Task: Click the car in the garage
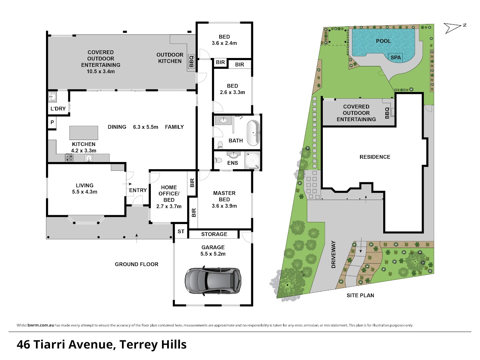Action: click(x=213, y=281)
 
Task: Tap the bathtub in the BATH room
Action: click(x=253, y=133)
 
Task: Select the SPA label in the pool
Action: click(x=396, y=58)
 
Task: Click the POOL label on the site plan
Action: click(x=383, y=41)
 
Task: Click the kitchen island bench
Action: click(x=84, y=133)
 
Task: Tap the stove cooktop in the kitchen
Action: click(x=69, y=158)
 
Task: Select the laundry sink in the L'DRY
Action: click(x=52, y=96)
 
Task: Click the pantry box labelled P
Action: click(x=52, y=122)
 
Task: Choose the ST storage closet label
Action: click(x=181, y=231)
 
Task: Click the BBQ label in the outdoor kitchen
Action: click(x=191, y=61)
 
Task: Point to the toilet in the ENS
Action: click(x=218, y=160)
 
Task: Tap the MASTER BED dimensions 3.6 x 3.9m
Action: click(x=224, y=206)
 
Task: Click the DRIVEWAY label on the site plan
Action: click(x=333, y=254)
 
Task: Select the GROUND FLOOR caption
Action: click(x=136, y=264)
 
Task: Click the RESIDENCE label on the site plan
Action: click(x=375, y=157)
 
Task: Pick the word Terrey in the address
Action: click(x=138, y=345)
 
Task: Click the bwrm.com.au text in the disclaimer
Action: click(x=41, y=325)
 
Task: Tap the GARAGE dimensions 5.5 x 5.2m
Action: click(x=213, y=254)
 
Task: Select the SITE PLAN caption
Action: click(x=360, y=295)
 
